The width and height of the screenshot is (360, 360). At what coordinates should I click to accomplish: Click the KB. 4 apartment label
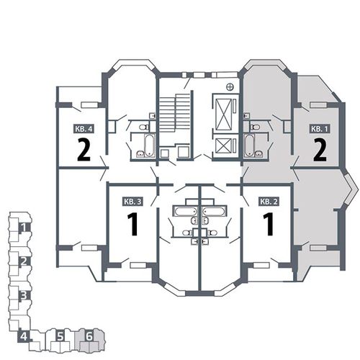84,129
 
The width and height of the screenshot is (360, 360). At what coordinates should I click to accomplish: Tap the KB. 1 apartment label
319,129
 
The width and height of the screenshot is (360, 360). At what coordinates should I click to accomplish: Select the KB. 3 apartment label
133,202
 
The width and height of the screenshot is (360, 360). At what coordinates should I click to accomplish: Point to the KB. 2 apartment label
269,202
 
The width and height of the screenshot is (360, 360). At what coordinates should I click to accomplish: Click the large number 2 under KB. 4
84,150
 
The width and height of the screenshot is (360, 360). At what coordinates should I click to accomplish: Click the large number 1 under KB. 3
132,224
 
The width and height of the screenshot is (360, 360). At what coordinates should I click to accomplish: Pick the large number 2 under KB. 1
320,150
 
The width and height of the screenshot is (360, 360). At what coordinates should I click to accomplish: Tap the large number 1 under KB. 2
269,224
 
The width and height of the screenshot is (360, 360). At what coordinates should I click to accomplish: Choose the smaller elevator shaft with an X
223,146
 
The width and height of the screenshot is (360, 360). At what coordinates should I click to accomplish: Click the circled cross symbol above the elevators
230,87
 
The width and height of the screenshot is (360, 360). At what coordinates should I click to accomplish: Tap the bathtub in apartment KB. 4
149,145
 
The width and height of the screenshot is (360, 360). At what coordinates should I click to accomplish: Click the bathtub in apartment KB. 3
186,211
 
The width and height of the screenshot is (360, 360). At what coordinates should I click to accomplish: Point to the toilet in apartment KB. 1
255,127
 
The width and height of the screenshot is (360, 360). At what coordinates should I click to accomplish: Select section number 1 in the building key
24,226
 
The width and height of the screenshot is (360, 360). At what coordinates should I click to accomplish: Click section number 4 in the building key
24,336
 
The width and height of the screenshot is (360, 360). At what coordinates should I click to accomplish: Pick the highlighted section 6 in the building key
89,336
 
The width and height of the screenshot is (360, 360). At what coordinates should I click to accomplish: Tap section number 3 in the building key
23,295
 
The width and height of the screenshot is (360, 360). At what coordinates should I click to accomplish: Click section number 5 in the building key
60,336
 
